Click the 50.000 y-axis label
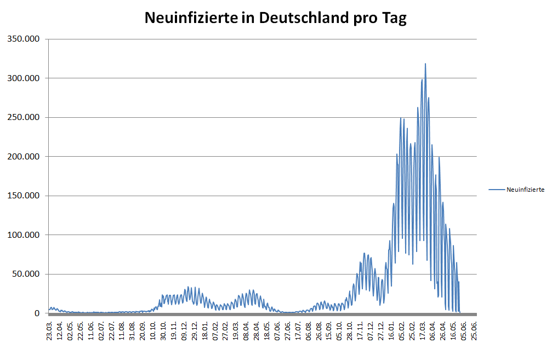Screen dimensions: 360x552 [27, 274]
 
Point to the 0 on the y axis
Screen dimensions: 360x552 [38, 313]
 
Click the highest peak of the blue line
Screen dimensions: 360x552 [425, 64]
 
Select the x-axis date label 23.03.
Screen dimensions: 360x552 [50, 332]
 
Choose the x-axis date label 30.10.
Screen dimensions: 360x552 [163, 332]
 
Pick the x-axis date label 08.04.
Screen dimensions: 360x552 [246, 332]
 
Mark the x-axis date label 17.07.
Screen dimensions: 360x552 [298, 332]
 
